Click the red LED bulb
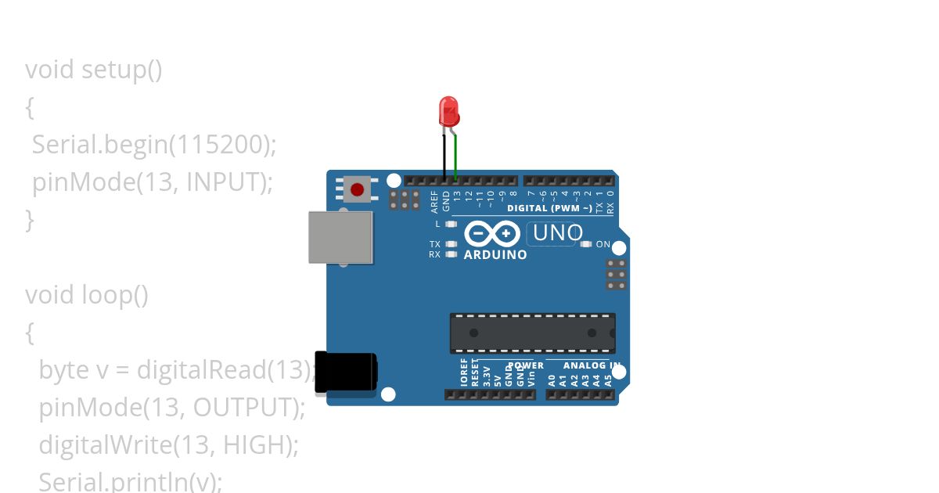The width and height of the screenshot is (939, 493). (448, 111)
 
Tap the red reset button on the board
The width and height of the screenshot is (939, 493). (358, 189)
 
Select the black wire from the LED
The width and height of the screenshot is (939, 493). (444, 157)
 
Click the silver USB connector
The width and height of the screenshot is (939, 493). (340, 236)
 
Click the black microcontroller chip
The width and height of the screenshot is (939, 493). (532, 333)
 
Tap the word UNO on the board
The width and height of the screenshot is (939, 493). (557, 232)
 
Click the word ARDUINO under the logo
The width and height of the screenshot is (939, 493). (495, 254)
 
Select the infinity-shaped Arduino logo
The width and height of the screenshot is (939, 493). (492, 234)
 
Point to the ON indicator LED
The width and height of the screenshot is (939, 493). (586, 244)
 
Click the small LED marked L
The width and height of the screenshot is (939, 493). (450, 225)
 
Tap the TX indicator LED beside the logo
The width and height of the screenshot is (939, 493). (450, 244)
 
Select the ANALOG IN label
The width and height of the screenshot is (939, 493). (584, 365)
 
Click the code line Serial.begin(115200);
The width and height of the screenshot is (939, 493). (154, 145)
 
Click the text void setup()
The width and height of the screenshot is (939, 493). (94, 70)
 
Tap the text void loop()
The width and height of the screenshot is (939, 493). (87, 295)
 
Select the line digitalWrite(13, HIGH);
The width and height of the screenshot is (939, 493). (169, 445)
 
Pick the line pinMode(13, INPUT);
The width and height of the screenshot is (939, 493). (152, 182)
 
